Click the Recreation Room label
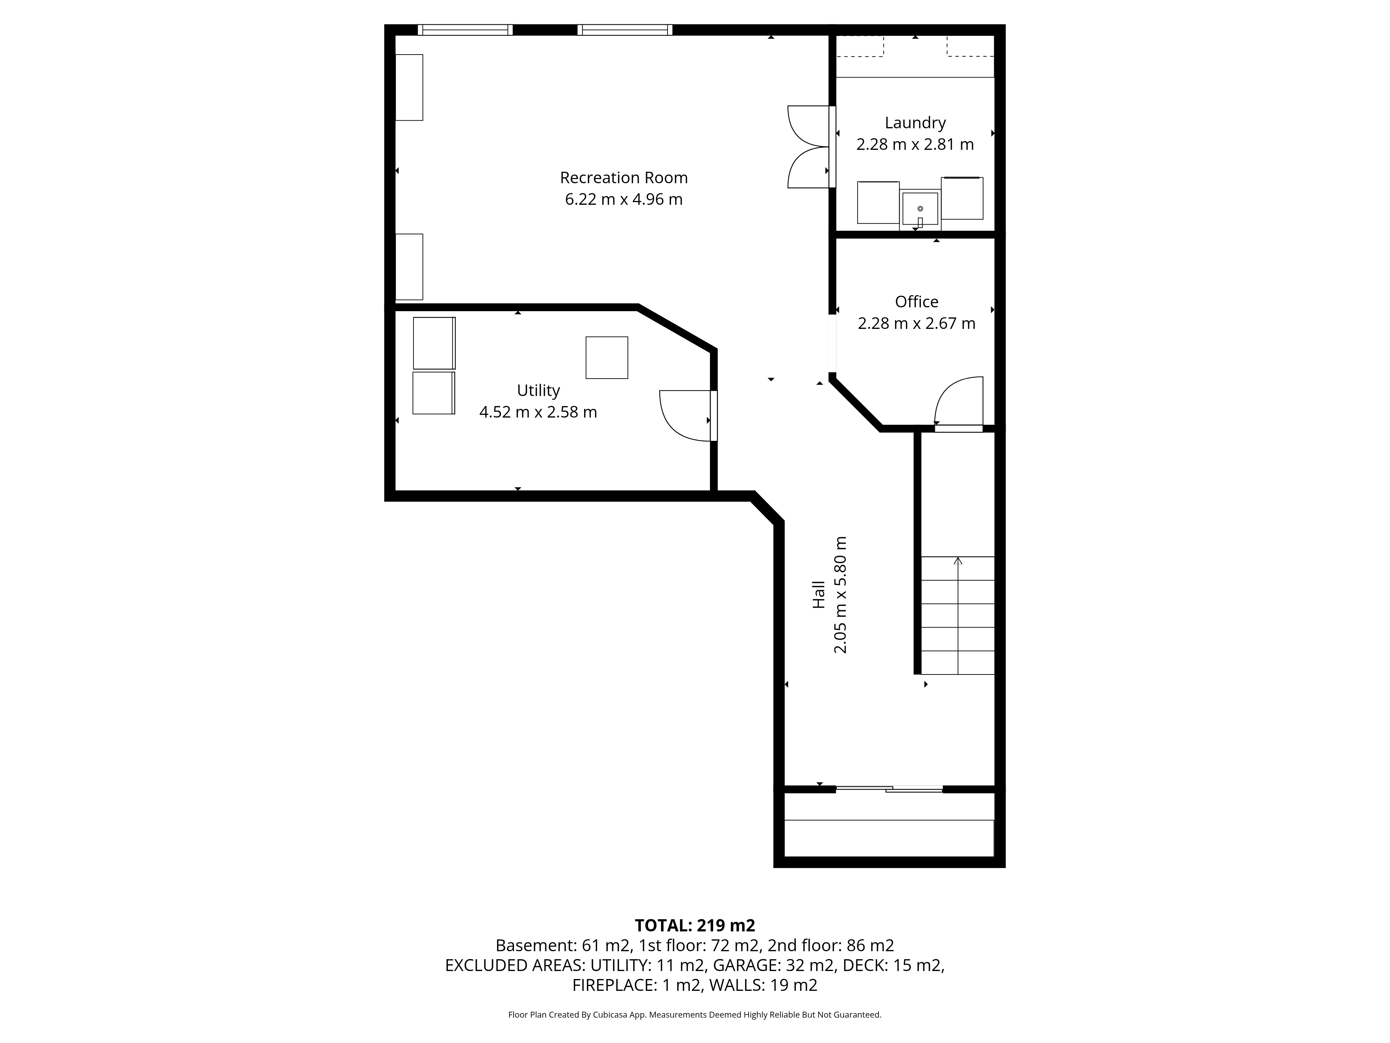(624, 178)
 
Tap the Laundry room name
(915, 123)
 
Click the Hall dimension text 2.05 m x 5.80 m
(840, 595)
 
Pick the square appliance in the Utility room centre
(606, 358)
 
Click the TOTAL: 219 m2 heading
(695, 925)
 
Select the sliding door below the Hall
(889, 789)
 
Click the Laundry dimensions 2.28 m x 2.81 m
(915, 145)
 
